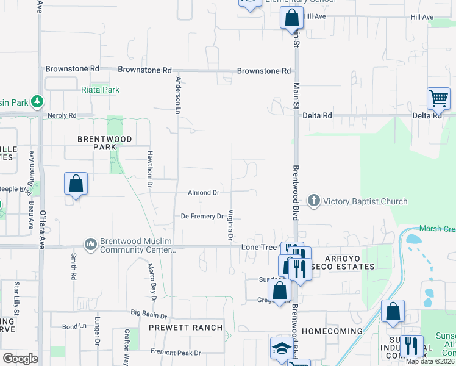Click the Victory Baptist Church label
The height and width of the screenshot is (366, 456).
(365, 201)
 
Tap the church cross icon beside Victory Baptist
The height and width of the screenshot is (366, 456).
(314, 201)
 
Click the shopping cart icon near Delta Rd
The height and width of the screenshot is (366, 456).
(438, 98)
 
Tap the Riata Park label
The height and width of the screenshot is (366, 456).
(100, 90)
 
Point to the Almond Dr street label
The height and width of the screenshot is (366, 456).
(203, 193)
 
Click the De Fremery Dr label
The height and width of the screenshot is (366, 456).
(202, 217)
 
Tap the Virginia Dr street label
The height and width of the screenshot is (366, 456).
(231, 224)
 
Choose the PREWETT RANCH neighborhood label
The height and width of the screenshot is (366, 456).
(186, 328)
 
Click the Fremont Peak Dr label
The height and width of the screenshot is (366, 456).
(176, 353)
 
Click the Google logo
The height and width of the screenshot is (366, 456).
(20, 359)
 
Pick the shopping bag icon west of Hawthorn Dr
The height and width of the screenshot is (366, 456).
(76, 183)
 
